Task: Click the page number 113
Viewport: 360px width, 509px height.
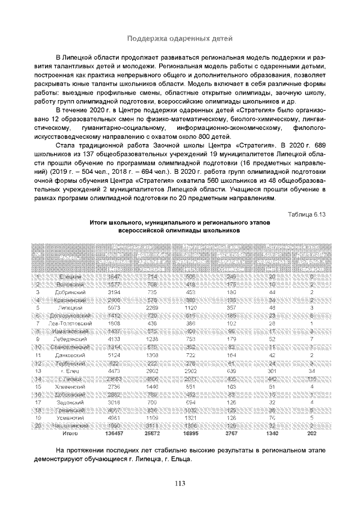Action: [x=180, y=483]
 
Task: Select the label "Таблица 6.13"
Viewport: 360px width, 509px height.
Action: [x=307, y=214]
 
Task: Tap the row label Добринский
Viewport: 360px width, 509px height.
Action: [x=70, y=292]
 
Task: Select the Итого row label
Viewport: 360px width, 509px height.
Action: [x=70, y=434]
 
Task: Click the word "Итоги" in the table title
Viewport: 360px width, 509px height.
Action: [x=100, y=223]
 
